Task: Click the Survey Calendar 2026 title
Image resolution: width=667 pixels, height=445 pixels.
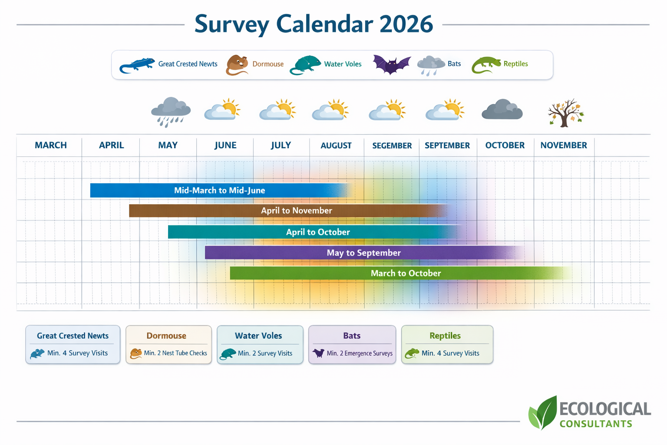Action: click(x=314, y=24)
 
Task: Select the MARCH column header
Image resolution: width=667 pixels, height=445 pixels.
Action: click(x=51, y=145)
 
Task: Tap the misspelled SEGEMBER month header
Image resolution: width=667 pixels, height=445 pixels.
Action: click(x=392, y=146)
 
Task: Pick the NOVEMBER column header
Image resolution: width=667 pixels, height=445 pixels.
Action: click(x=563, y=145)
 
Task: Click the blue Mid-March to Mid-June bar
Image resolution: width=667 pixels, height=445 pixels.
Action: click(x=219, y=190)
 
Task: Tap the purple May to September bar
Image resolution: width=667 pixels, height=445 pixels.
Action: click(x=363, y=252)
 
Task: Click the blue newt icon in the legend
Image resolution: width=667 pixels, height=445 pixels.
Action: click(x=137, y=65)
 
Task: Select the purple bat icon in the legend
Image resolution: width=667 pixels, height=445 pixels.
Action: click(x=391, y=65)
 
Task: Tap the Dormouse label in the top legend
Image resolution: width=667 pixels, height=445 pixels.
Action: click(x=268, y=64)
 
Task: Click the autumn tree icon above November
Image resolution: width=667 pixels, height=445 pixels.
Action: click(x=565, y=113)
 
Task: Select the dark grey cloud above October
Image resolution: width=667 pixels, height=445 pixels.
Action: click(x=502, y=110)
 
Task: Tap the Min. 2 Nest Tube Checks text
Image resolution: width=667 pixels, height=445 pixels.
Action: click(x=175, y=353)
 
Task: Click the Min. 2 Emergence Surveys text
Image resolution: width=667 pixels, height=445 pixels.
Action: click(x=360, y=353)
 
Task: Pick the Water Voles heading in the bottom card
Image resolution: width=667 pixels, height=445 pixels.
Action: click(x=258, y=336)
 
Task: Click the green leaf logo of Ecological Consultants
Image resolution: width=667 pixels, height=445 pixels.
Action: click(x=543, y=413)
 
